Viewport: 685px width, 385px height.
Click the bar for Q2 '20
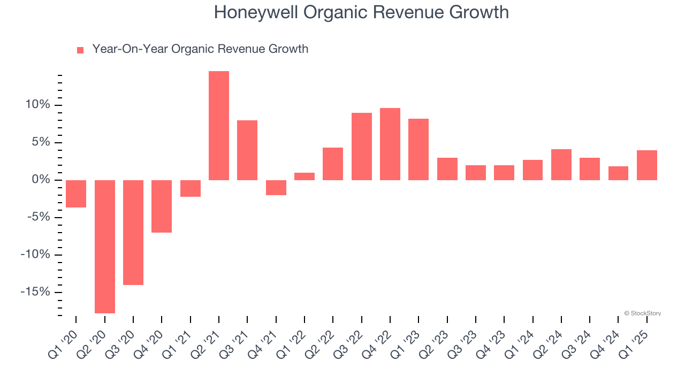[105, 247]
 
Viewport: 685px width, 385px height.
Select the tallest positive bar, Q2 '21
[219, 126]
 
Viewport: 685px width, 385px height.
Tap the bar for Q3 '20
[133, 233]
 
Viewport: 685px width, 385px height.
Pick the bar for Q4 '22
[390, 144]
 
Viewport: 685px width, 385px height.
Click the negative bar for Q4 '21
[276, 188]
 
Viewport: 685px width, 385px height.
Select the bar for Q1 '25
[646, 165]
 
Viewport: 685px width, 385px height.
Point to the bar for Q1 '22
[305, 176]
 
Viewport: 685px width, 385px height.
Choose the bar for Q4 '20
[162, 206]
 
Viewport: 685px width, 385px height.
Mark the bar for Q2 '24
[561, 165]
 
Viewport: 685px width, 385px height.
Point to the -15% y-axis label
[35, 292]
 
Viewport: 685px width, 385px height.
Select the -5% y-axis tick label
[37, 217]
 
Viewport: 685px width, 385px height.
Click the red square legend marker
[80, 50]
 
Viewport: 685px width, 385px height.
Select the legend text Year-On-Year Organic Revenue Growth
[200, 49]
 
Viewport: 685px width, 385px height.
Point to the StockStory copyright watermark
[642, 313]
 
